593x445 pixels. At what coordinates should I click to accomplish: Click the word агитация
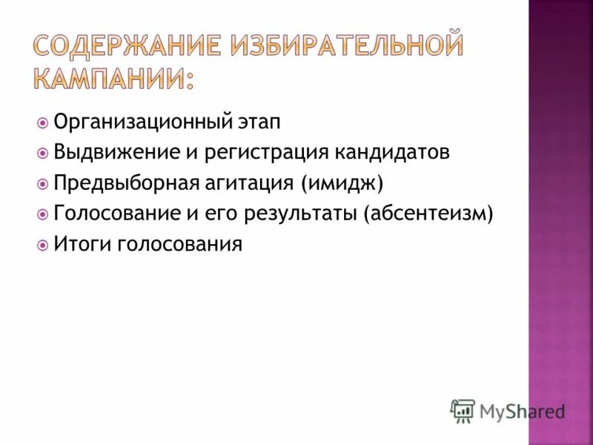pos(249,183)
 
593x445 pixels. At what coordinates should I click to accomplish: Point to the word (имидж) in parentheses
pos(342,183)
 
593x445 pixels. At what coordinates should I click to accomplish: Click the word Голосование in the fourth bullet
pos(116,214)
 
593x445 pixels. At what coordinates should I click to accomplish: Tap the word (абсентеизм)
pos(428,214)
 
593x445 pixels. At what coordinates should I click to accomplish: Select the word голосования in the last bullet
pos(180,245)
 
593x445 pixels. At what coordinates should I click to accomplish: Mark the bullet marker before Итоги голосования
pos(43,244)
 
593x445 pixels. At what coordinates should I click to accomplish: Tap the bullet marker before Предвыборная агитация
pos(43,183)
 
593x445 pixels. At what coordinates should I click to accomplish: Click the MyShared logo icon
pos(463,410)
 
